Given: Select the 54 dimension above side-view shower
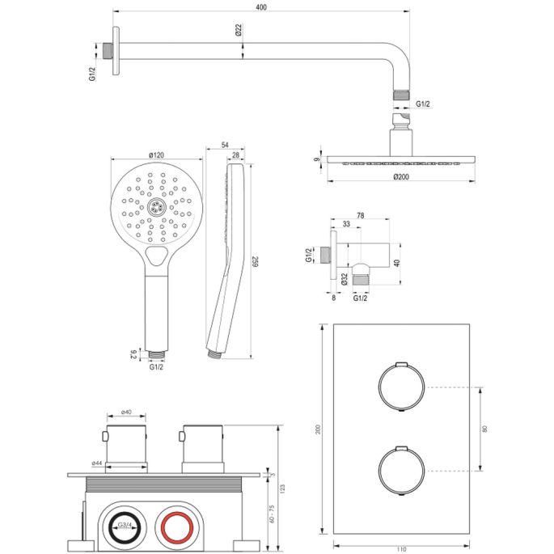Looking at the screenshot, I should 225,146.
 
